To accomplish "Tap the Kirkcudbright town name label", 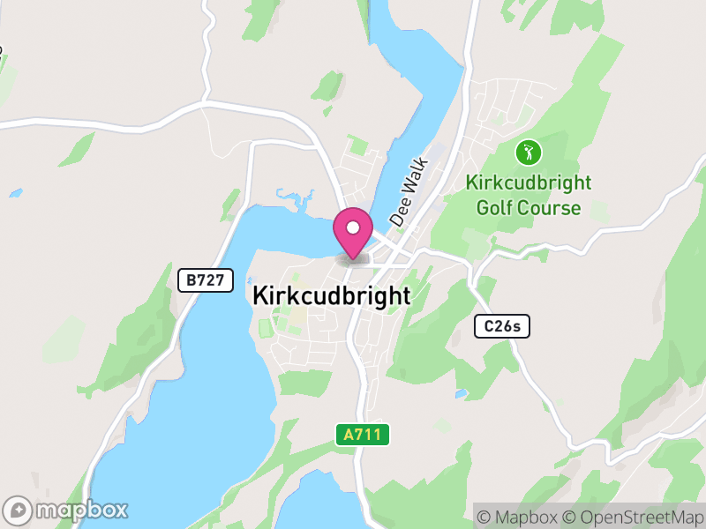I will pyautogui.click(x=331, y=296).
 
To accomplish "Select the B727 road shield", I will pyautogui.click(x=206, y=280).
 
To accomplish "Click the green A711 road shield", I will pyautogui.click(x=363, y=435).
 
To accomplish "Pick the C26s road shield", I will pyautogui.click(x=501, y=326).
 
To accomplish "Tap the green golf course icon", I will pyautogui.click(x=529, y=153).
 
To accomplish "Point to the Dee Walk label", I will pyautogui.click(x=408, y=192).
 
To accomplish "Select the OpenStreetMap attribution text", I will pyautogui.click(x=631, y=516).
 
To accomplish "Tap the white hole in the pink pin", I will pyautogui.click(x=353, y=227).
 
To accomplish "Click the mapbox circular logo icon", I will pyautogui.click(x=18, y=510).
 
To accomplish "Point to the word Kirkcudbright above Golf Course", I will pyautogui.click(x=529, y=184).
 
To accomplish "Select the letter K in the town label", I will pyautogui.click(x=259, y=296).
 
